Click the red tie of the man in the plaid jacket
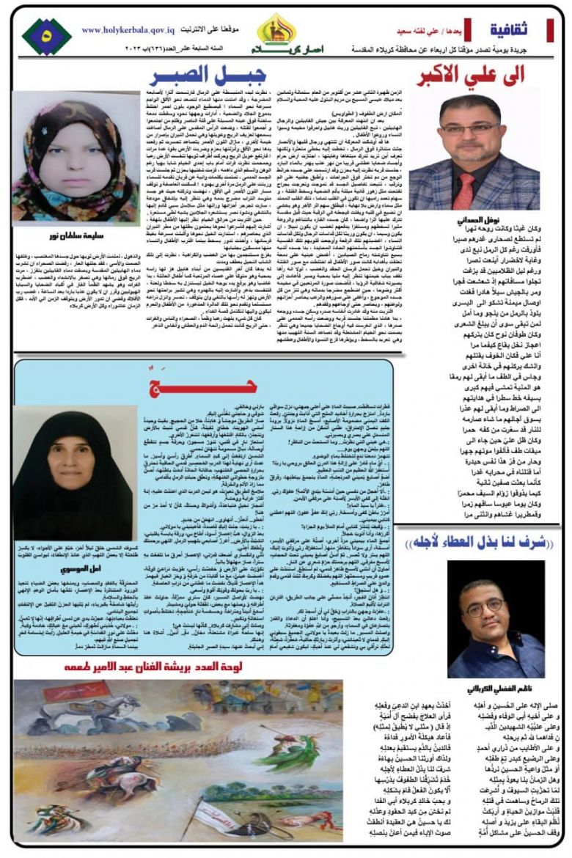tap(466, 191)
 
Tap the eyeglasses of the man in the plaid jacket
tap(467, 128)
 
